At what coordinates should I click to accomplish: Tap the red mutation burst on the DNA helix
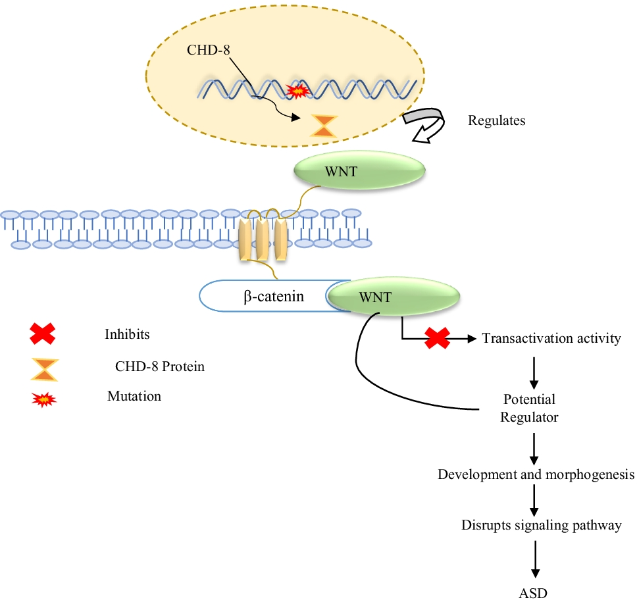point(299,90)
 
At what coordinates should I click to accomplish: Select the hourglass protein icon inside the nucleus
point(323,126)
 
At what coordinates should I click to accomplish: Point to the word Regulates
point(496,121)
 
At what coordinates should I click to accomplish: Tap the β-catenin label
point(274,297)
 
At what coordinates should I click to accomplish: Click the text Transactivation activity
point(551,339)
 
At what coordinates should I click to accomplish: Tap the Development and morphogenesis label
point(536,474)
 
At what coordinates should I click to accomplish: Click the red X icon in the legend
point(43,334)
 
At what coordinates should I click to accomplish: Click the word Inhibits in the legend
point(127,334)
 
